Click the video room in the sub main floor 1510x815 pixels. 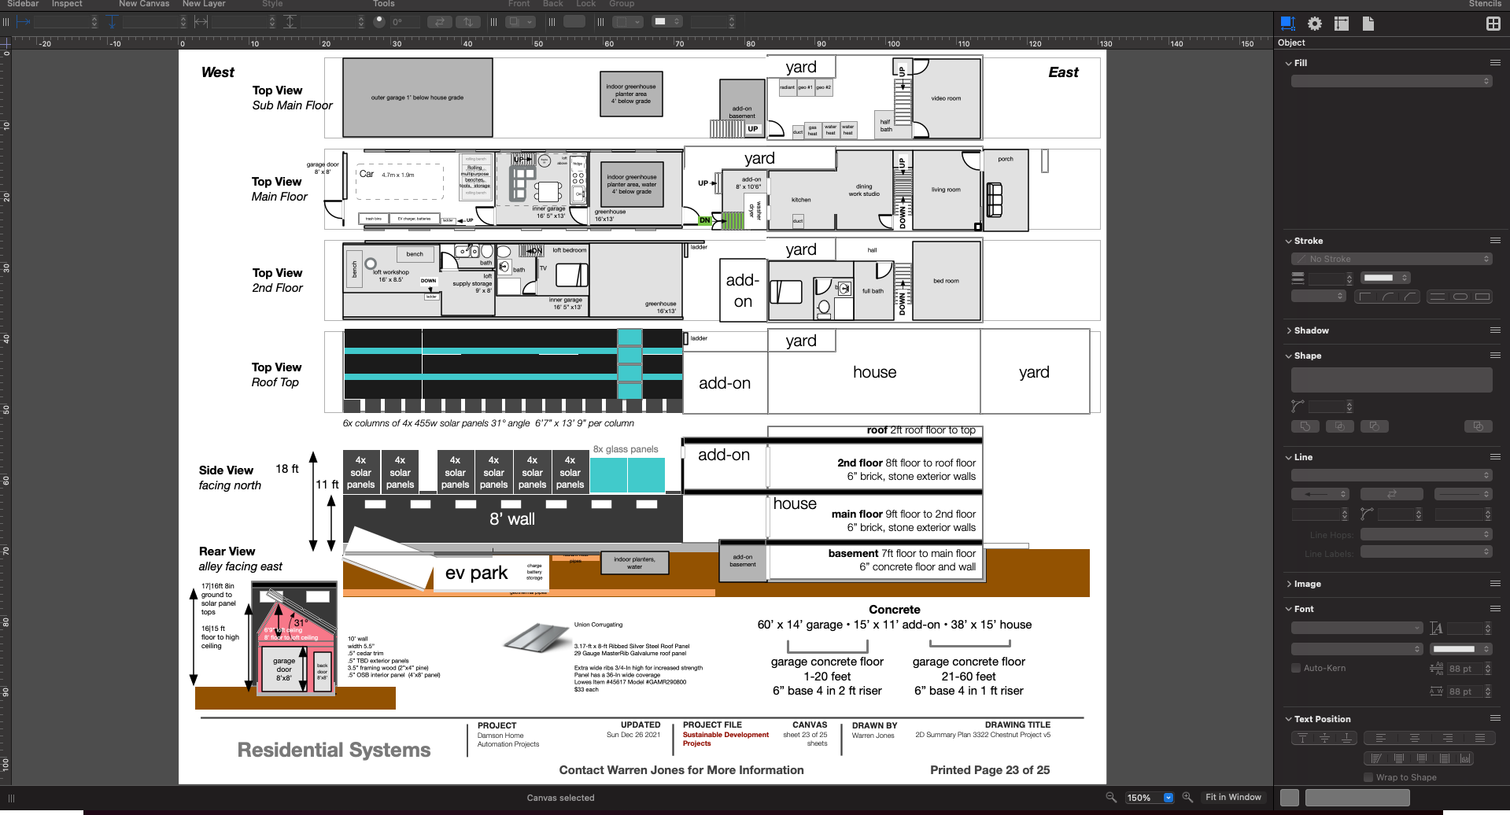coord(946,99)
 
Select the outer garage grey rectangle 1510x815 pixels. coord(417,98)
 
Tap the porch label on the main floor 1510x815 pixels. coord(1005,160)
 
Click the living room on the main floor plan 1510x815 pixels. coord(946,190)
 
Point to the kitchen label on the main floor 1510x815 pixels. coord(801,200)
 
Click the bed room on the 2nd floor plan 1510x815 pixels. coord(946,281)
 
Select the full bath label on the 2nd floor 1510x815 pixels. coord(873,291)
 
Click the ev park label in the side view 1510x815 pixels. coord(476,573)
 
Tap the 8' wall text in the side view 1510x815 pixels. coord(511,519)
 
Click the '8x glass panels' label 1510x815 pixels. coord(626,449)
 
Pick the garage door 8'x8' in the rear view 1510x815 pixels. coord(283,669)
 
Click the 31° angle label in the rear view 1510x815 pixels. coord(301,622)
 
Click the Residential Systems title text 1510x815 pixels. coord(334,750)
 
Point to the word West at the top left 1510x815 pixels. coord(218,72)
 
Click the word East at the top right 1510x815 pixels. coord(1063,72)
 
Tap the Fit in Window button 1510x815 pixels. coord(1233,797)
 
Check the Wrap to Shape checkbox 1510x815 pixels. coord(1368,777)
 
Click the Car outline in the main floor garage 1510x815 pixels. coord(400,182)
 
